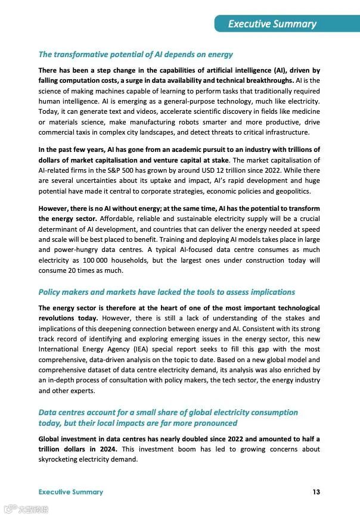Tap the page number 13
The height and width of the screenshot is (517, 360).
pyautogui.click(x=316, y=492)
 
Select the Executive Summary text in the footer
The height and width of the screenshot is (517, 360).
pyautogui.click(x=70, y=492)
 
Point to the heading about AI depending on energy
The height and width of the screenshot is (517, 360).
pyautogui.click(x=135, y=55)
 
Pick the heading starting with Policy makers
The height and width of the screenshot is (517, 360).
pyautogui.click(x=166, y=292)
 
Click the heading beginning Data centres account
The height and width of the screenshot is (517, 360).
pyautogui.click(x=168, y=412)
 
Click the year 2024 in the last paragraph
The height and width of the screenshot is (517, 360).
pyautogui.click(x=102, y=449)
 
